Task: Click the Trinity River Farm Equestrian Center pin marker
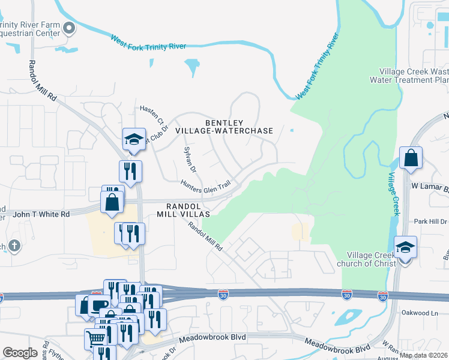coord(70,28)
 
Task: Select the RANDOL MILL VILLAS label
coord(183,209)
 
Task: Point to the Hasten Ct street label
coord(152,114)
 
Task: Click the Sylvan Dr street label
coord(190,161)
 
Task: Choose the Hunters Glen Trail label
coord(205,187)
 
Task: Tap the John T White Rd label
coord(41,214)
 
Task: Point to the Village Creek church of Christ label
coord(367,259)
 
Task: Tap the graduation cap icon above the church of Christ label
coord(405,247)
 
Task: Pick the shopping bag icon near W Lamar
coord(411,159)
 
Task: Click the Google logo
coord(20,353)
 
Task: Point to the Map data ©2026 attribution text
coord(424,355)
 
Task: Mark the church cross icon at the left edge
coord(13,245)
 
